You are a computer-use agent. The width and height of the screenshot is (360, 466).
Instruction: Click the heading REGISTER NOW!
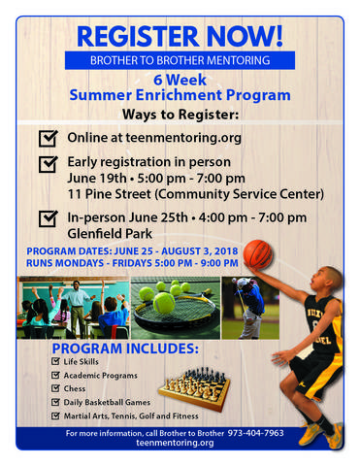click(180, 37)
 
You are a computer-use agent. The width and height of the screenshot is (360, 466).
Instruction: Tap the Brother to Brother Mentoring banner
click(180, 61)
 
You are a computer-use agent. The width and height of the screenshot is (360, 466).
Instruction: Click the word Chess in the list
click(76, 388)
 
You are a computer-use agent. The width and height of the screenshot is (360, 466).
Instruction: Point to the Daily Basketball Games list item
click(108, 402)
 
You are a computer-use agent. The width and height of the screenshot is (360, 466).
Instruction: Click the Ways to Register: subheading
click(180, 115)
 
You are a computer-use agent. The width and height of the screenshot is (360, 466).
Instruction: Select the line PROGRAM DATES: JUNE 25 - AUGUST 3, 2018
click(132, 250)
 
